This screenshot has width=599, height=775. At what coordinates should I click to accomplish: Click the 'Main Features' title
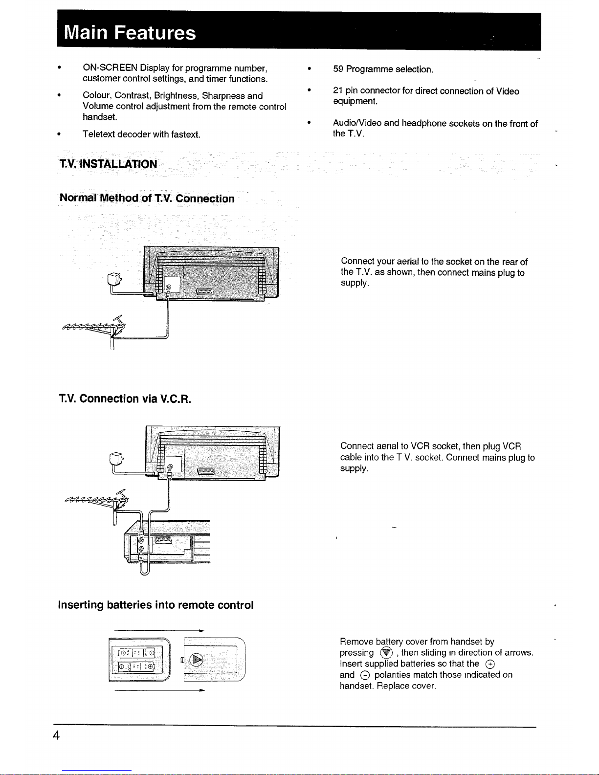(x=130, y=32)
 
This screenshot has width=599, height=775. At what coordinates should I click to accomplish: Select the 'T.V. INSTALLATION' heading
(x=108, y=164)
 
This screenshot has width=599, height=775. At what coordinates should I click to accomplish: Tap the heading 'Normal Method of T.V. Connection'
(x=147, y=198)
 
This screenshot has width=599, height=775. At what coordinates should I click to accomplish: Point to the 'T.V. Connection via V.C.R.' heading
(x=125, y=399)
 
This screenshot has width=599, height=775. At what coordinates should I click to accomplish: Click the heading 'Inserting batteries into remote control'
(x=155, y=605)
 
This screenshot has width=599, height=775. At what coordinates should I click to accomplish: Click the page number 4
(x=56, y=735)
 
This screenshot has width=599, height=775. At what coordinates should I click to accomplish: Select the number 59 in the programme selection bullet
(x=338, y=69)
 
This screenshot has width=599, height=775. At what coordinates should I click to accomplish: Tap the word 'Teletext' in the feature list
(x=99, y=134)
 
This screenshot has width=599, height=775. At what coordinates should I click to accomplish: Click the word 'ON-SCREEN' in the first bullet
(x=110, y=67)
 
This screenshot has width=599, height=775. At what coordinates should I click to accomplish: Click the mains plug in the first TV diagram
(x=114, y=279)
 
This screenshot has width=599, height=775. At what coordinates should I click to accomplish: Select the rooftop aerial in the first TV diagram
(x=94, y=328)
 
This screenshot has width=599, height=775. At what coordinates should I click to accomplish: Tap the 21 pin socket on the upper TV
(x=205, y=292)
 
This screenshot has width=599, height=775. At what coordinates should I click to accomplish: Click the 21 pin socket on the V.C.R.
(x=163, y=540)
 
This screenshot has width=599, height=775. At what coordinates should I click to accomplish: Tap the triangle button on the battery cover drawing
(x=196, y=660)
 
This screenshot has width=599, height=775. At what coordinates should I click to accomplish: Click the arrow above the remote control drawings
(x=159, y=631)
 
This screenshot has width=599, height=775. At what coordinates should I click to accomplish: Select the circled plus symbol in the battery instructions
(x=490, y=664)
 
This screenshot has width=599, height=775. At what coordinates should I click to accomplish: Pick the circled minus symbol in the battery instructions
(x=365, y=675)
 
